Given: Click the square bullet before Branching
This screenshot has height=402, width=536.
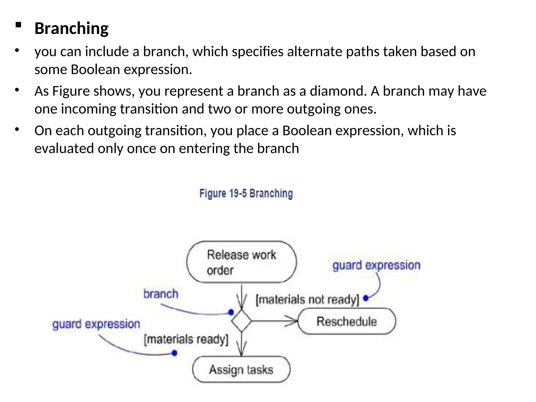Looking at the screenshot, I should coord(18,25).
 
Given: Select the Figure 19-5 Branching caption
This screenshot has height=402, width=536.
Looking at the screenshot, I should coord(246,194).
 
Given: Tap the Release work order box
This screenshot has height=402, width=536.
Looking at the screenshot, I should coord(241,262).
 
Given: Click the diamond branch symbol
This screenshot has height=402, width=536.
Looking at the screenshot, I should coord(241,321).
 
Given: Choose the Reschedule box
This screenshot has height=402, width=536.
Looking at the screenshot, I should coord(347,321).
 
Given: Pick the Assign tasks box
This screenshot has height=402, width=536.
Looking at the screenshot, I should coord(241,370).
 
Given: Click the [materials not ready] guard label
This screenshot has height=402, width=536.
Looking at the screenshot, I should coord(307,300).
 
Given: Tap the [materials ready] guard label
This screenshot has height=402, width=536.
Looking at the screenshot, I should coord(186,339).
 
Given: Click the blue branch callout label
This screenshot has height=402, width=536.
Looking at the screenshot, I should coord(161,294).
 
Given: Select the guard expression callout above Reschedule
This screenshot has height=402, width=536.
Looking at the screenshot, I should coord(376,265).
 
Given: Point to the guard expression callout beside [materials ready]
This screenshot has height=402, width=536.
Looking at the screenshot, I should coord(96,324).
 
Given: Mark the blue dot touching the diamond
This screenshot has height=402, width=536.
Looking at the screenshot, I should coord(231,312).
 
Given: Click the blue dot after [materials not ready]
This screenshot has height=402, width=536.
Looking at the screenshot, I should coord(366,298).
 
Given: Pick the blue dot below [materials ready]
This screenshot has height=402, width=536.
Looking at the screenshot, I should coord(175,353).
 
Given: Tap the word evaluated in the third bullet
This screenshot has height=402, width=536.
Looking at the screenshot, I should coord(64,149).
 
